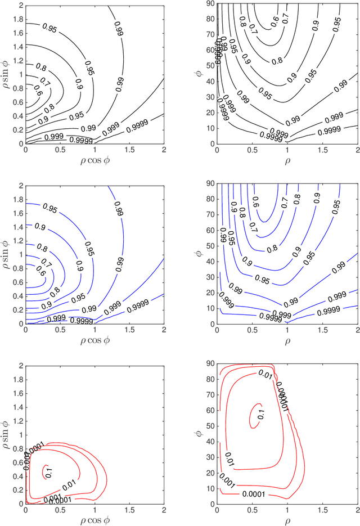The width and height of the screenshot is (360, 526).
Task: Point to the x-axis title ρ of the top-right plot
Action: pyautogui.click(x=287, y=159)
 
